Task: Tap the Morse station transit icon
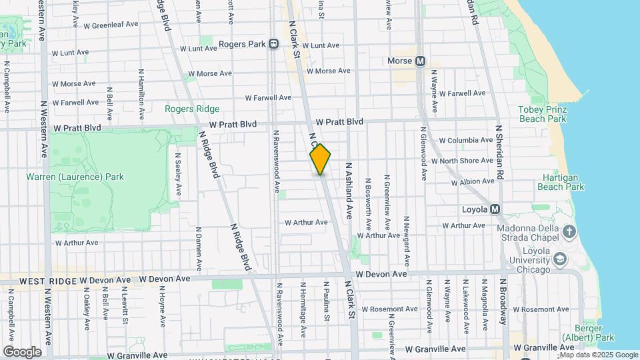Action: (x=420, y=61)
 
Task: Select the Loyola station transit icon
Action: (x=495, y=209)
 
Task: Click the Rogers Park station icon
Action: (x=273, y=44)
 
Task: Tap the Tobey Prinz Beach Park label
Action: (x=541, y=114)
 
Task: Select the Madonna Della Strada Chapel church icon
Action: (x=569, y=231)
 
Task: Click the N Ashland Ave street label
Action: (x=347, y=190)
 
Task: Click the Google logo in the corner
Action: (x=22, y=352)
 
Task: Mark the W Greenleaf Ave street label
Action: (x=111, y=25)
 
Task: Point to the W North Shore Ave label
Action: (x=462, y=161)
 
